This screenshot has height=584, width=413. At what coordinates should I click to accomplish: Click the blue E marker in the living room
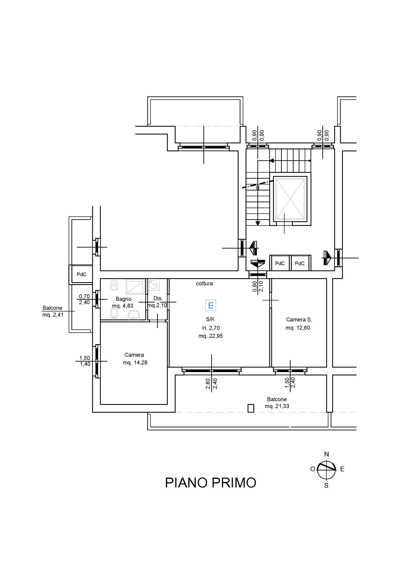(x=211, y=305)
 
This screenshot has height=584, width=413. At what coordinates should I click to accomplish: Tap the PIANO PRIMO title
(x=211, y=482)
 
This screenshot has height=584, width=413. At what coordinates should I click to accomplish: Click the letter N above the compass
(x=327, y=454)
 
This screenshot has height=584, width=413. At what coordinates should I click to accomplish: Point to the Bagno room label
(x=123, y=299)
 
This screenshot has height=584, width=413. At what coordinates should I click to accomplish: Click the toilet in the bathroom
(x=114, y=285)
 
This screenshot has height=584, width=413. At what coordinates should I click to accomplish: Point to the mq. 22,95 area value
(x=211, y=336)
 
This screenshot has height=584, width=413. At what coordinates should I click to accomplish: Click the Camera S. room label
(x=299, y=319)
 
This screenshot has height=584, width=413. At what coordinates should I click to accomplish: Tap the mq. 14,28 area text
(x=135, y=362)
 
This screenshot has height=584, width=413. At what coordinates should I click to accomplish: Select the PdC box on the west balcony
(x=82, y=274)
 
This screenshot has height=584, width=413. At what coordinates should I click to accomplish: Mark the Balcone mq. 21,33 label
(x=277, y=403)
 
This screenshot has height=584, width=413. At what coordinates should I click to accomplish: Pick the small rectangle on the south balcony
(x=251, y=408)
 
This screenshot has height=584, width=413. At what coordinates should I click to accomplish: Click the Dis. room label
(x=158, y=298)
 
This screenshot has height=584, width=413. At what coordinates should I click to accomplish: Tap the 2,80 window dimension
(x=208, y=384)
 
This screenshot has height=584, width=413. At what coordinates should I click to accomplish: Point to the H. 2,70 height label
(x=211, y=328)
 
